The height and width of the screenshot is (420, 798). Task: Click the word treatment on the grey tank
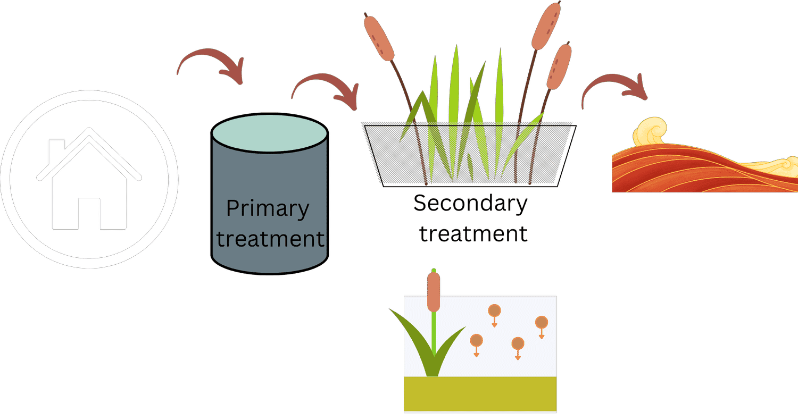270,239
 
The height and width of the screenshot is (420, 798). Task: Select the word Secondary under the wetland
470,204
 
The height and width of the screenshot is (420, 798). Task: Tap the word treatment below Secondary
473,234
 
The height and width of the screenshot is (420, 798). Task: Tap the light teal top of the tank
269,133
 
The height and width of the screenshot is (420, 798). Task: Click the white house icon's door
89,214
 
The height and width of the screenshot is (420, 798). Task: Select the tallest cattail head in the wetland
546,26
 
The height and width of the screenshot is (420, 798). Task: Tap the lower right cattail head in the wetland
559,66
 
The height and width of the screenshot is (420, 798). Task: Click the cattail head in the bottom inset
434,292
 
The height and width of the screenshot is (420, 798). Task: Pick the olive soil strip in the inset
480,394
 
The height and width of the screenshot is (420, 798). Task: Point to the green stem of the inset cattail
434,333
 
